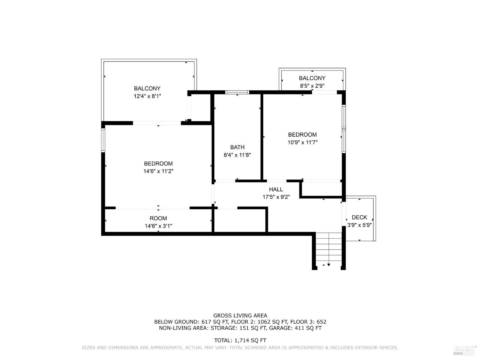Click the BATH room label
(237, 147)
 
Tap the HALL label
(276, 189)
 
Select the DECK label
(359, 217)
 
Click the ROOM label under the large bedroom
(158, 218)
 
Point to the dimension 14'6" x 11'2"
(158, 171)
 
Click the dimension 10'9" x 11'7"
(302, 142)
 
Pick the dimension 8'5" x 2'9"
(312, 86)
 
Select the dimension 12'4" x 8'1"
(147, 96)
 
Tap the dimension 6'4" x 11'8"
(237, 155)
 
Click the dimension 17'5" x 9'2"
(276, 197)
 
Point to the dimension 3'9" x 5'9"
(359, 225)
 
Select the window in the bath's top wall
(237, 92)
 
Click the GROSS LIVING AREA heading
(240, 316)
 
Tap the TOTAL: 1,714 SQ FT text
(240, 340)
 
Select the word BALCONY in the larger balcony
(147, 88)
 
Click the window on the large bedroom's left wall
(103, 140)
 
